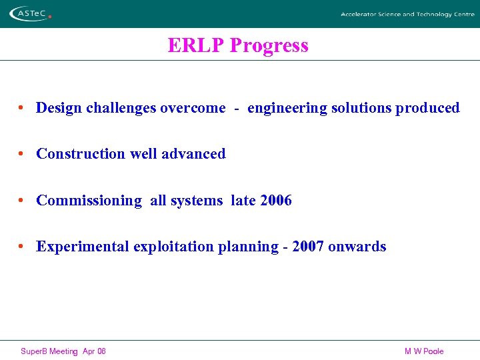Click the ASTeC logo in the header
tap(30, 13)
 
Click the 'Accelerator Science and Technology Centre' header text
tap(407, 14)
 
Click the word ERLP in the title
tap(196, 45)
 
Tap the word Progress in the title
tap(269, 45)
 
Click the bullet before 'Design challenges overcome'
tap(22, 108)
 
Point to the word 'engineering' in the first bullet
tap(287, 108)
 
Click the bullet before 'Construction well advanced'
tap(22, 154)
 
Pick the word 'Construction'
tap(81, 154)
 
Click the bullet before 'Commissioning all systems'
tap(22, 201)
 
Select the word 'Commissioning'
tap(89, 201)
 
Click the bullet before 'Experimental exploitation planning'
tap(22, 247)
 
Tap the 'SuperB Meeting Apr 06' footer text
tap(63, 351)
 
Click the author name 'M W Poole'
tap(423, 351)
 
